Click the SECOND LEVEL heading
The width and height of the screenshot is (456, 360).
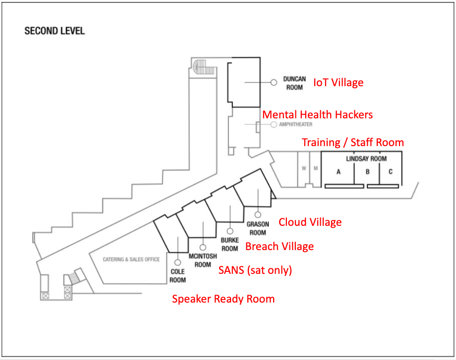(x=55, y=31)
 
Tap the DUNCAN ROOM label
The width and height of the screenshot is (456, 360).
(x=294, y=83)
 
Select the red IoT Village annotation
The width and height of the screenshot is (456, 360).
(x=338, y=83)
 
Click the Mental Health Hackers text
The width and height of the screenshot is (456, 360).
(x=317, y=114)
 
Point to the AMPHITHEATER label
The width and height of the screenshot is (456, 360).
(x=295, y=124)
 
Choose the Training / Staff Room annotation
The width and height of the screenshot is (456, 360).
(x=353, y=143)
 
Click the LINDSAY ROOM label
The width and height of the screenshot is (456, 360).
(x=366, y=158)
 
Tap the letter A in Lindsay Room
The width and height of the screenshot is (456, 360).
(x=338, y=172)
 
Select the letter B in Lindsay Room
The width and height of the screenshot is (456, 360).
(x=368, y=172)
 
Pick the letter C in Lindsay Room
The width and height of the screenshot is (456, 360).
(x=391, y=172)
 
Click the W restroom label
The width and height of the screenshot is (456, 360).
(x=304, y=168)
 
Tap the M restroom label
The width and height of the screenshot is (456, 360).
(x=316, y=168)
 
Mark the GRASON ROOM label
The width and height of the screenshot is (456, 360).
(x=258, y=228)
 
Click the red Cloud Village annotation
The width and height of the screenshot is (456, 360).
(x=310, y=222)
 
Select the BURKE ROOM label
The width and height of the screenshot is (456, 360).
(x=230, y=244)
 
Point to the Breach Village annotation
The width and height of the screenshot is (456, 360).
(x=280, y=247)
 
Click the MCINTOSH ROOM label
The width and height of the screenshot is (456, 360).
(x=203, y=260)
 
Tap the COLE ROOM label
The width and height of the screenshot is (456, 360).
(x=177, y=276)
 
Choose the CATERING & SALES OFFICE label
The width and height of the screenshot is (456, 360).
(x=131, y=259)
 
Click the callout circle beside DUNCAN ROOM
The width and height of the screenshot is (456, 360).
(x=274, y=83)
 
